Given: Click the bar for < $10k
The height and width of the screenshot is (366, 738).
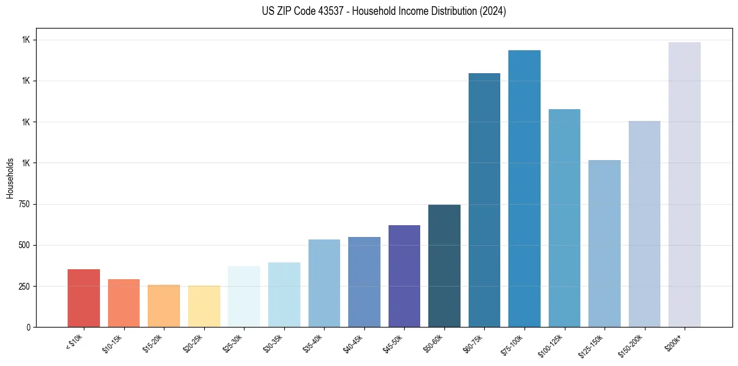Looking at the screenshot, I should point(84,298).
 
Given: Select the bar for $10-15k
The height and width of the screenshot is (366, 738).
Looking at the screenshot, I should point(124,303).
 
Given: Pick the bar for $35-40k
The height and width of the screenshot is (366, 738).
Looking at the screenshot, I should point(324,283).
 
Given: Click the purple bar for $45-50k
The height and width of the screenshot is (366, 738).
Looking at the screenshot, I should point(404,276).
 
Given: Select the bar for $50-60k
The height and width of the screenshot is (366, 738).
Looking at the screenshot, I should point(444,266).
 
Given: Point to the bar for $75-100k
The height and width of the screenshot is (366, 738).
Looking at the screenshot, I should point(524,189).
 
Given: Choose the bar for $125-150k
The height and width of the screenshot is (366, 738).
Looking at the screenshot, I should point(605,243).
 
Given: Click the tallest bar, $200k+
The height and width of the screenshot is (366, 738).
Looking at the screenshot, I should point(685,184).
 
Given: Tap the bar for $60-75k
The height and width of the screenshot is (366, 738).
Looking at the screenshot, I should point(484,200).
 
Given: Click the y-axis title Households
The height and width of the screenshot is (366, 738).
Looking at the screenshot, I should point(10,177).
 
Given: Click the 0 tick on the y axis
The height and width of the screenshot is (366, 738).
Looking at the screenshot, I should point(30,327).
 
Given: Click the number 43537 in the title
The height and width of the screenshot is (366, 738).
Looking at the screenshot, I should point(330,11).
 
